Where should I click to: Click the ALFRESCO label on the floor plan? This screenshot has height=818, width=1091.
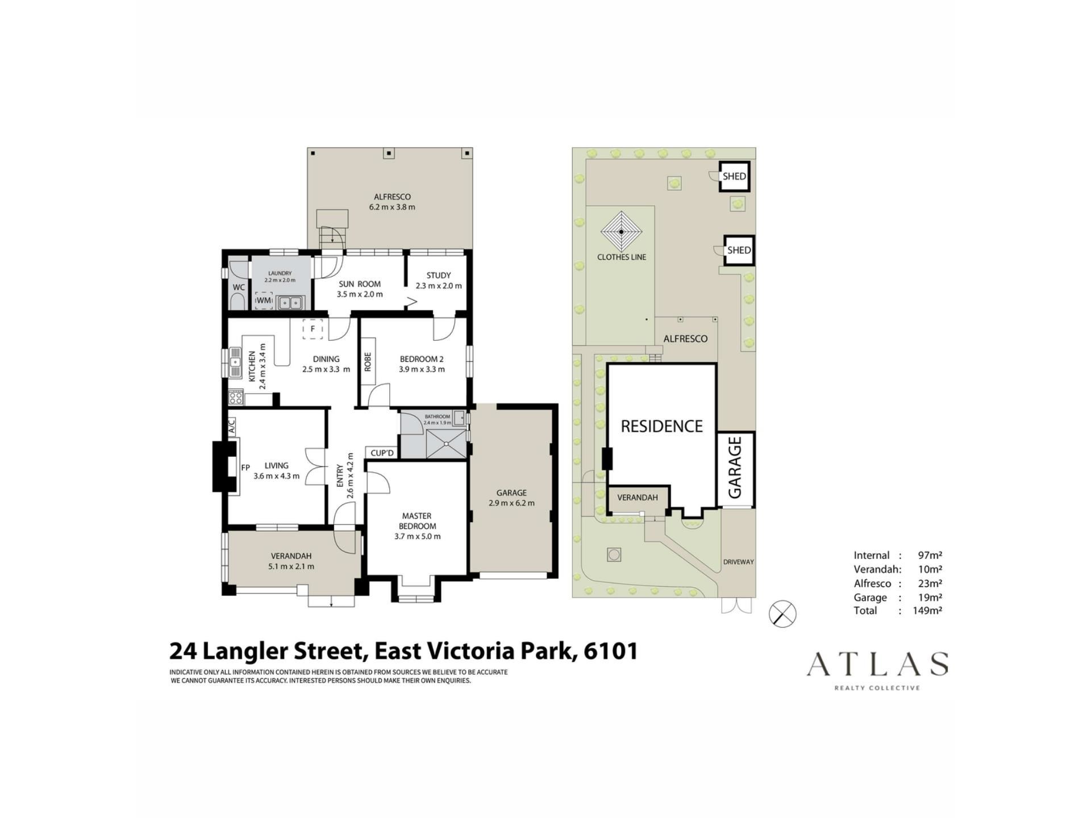[392, 197]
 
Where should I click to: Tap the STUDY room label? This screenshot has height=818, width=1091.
[438, 276]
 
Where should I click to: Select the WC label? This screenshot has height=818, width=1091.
[239, 287]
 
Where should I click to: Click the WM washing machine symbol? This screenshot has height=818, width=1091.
[264, 301]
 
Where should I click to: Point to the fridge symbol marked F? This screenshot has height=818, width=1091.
[313, 329]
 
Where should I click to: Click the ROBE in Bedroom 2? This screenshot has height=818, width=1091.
[368, 362]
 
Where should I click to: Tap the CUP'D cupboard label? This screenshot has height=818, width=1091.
[382, 453]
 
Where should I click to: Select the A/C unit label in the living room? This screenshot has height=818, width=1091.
[232, 427]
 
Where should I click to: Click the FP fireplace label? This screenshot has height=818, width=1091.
[245, 468]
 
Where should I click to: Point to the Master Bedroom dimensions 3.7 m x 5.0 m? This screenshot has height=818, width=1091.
[417, 536]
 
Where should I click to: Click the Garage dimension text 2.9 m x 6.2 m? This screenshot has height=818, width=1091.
[511, 503]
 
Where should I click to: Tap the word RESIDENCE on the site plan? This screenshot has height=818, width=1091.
[661, 426]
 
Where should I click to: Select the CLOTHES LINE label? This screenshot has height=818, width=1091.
[622, 257]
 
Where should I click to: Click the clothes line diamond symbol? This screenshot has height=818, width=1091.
[622, 232]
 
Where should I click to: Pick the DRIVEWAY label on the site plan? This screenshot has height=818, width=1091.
[738, 562]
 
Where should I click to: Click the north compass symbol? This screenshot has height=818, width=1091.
[782, 613]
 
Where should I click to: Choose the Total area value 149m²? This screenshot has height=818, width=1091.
[927, 611]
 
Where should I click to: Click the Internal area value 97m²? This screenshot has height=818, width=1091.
[930, 556]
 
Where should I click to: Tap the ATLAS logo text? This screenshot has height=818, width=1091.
[877, 664]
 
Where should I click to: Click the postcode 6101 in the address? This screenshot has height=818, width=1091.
[611, 651]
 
